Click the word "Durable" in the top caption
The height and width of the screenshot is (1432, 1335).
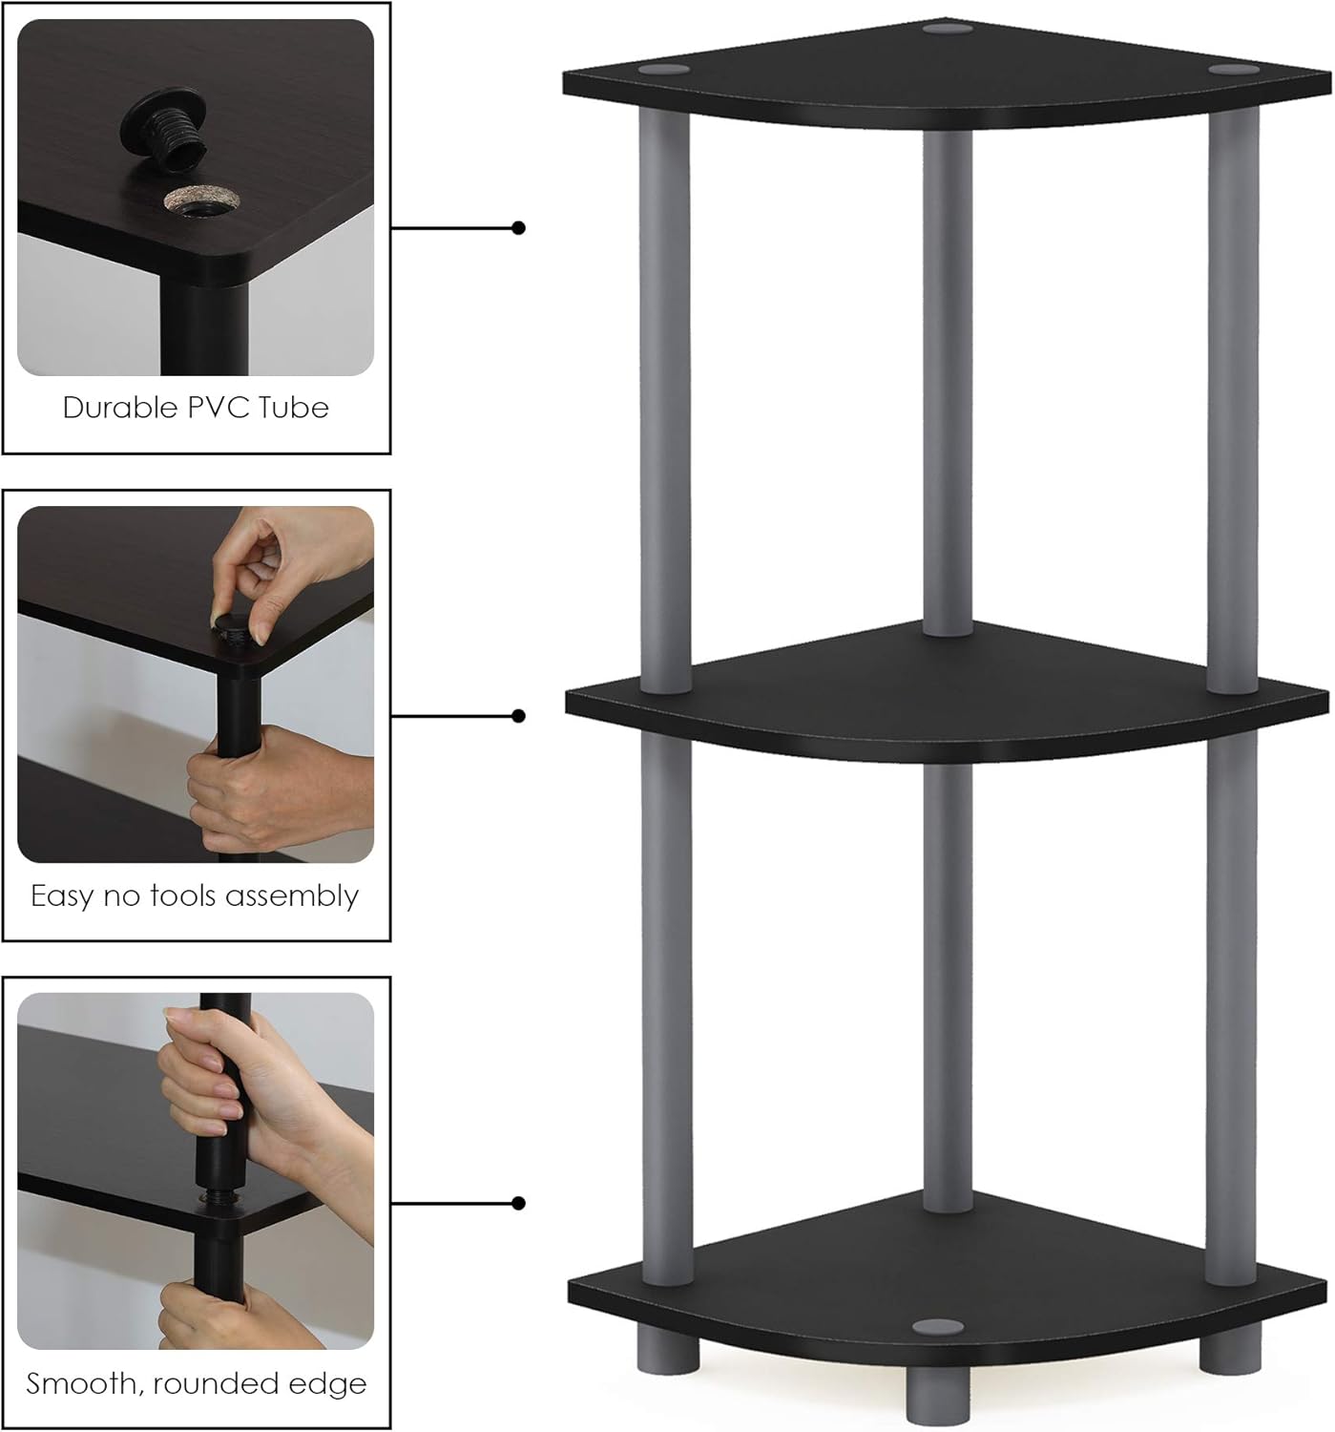[x=120, y=408]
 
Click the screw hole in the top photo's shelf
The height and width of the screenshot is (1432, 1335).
[x=201, y=201]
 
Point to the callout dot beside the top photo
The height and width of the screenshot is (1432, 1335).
[x=518, y=228]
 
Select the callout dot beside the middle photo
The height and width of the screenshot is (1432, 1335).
[x=518, y=716]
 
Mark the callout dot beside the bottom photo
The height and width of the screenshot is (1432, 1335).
[x=518, y=1204]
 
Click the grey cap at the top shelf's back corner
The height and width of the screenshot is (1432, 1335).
[x=948, y=28]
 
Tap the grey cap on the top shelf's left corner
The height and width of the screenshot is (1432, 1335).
[x=664, y=71]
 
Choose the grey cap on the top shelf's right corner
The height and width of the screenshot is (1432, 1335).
[x=1233, y=70]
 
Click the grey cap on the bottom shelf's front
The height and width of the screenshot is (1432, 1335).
[x=937, y=1327]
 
